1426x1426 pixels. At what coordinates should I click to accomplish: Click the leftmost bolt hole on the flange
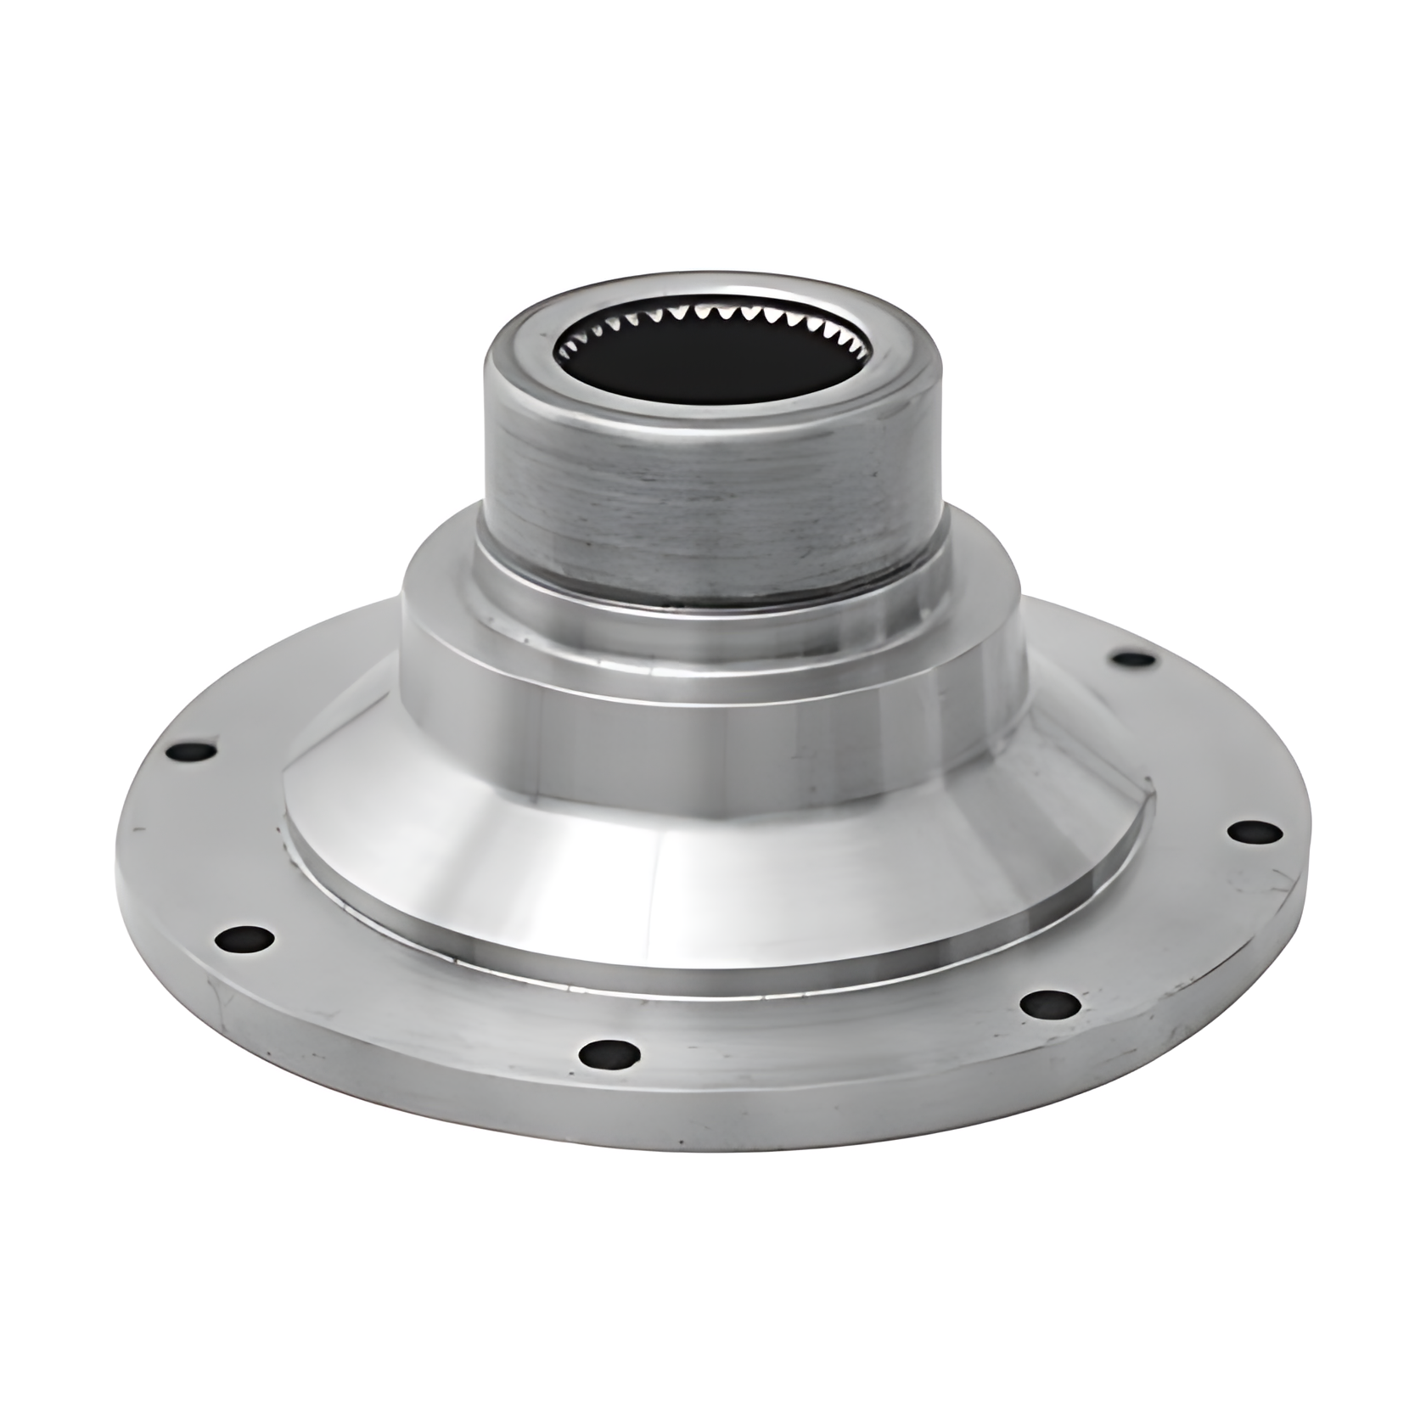[x=194, y=751]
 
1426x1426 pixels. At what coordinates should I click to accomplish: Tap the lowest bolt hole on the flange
[x=609, y=1055]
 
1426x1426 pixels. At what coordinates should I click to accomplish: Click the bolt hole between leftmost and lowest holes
[x=244, y=939]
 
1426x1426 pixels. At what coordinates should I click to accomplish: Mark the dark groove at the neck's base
[x=713, y=604]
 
